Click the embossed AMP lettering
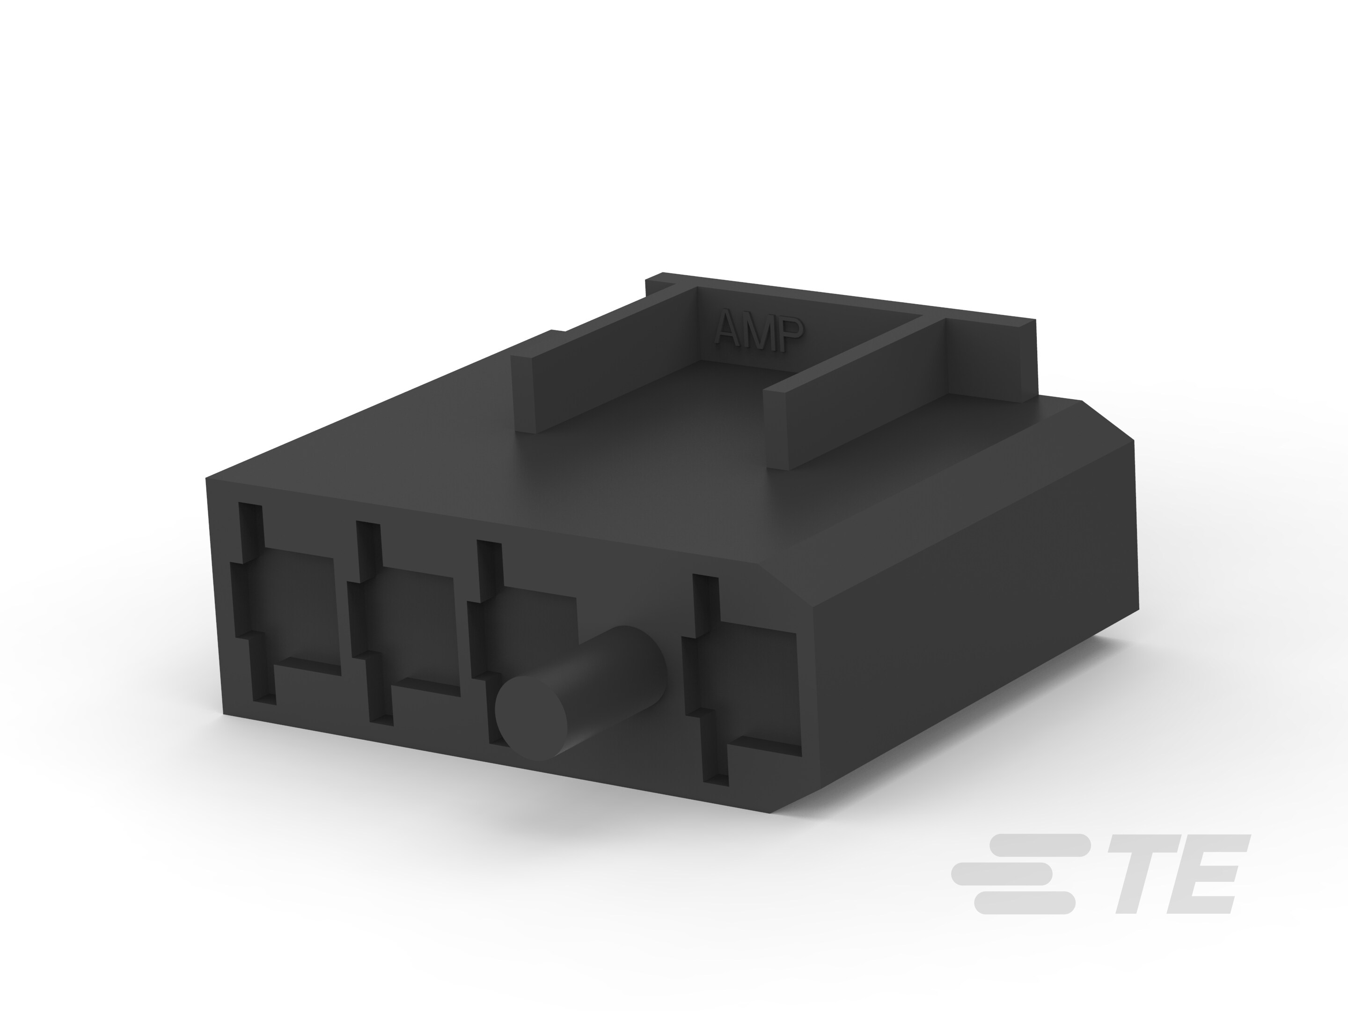coord(759,333)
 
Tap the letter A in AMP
coord(729,330)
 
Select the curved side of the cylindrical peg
coord(615,676)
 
